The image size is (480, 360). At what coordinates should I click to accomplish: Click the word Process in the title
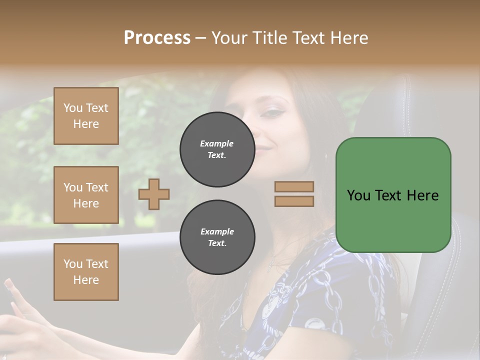pos(157,38)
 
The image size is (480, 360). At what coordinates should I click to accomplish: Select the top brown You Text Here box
pos(86,116)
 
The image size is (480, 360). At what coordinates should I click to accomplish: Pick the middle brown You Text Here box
pos(86,195)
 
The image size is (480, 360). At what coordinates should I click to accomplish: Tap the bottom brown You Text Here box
pos(86,272)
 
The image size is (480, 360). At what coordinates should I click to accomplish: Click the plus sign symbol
pos(154,194)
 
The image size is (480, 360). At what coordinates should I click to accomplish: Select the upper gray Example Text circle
pos(217,149)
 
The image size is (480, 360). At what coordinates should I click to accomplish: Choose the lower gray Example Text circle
pos(217,237)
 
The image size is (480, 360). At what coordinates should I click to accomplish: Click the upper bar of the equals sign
pos(294,187)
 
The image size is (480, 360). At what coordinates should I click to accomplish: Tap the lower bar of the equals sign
pos(294,201)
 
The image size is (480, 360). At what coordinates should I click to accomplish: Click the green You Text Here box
pos(393,195)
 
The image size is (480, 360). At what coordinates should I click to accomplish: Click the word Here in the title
pos(348,38)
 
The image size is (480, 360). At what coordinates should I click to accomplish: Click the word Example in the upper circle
pos(217,143)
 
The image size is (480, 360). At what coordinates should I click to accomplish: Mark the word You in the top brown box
pos(73,108)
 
